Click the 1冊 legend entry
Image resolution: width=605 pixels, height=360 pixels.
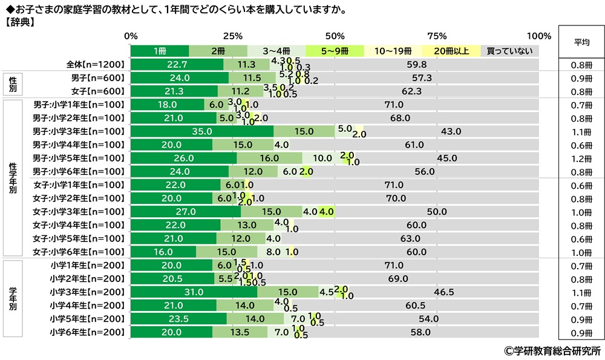[x=160, y=51]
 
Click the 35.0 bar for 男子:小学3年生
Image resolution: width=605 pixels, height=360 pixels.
[x=202, y=131]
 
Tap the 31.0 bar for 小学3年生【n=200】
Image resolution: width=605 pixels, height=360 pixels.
[x=194, y=292]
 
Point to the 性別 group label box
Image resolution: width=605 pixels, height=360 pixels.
[x=13, y=84]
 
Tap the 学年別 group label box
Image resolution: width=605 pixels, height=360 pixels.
[x=13, y=298]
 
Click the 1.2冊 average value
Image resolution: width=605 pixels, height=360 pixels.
[x=581, y=158]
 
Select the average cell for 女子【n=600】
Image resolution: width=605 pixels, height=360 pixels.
[x=581, y=91]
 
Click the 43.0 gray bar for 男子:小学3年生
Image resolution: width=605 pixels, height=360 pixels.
[x=451, y=131]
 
